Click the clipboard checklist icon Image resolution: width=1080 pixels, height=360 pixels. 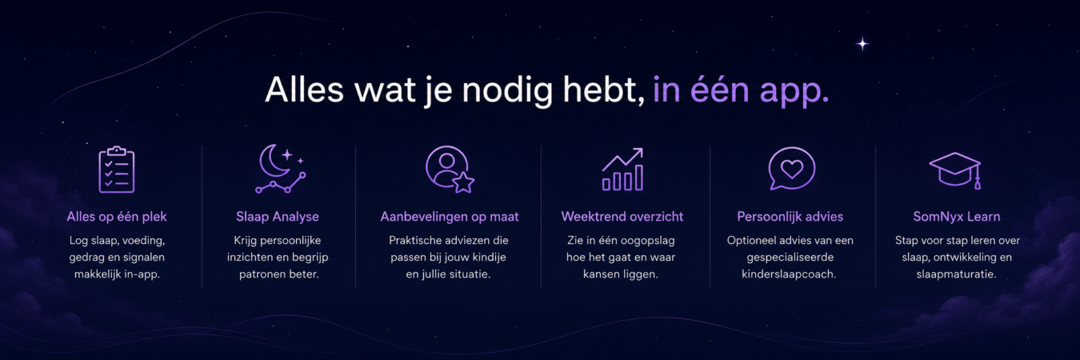(x=117, y=170)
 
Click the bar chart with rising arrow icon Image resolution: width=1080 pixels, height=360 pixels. (x=622, y=169)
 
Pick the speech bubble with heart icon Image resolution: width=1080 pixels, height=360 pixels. (x=791, y=168)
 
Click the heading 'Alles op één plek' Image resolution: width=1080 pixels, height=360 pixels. (x=117, y=217)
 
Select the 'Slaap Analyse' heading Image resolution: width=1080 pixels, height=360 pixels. (x=278, y=217)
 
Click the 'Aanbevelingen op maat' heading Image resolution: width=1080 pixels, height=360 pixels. (x=450, y=217)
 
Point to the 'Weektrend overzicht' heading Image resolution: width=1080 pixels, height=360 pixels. (x=622, y=217)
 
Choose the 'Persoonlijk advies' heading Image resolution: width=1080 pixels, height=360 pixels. (x=790, y=217)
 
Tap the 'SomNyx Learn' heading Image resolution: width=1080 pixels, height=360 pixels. (x=957, y=217)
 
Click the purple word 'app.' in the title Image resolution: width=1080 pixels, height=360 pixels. (x=794, y=91)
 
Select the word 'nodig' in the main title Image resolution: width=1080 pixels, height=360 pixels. (x=507, y=90)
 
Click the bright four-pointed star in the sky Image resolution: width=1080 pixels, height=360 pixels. (x=862, y=44)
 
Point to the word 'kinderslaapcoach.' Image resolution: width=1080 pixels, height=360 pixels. (x=789, y=274)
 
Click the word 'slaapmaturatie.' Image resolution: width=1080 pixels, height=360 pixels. (x=956, y=274)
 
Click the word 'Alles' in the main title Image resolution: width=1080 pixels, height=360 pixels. (x=304, y=90)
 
